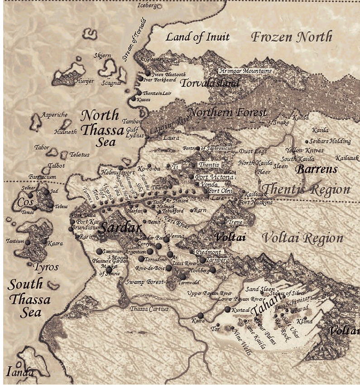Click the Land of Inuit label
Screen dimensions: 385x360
click(x=197, y=37)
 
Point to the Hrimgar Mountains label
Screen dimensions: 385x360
click(x=246, y=71)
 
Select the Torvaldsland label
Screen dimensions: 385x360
click(x=210, y=83)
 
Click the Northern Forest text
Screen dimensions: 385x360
click(x=227, y=112)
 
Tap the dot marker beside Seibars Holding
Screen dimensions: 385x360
click(x=307, y=141)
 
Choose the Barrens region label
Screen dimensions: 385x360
click(x=317, y=169)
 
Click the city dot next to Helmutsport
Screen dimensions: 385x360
click(x=121, y=168)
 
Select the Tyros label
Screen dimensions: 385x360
click(x=46, y=267)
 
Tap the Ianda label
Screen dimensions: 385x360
click(x=20, y=372)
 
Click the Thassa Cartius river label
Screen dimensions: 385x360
click(x=149, y=309)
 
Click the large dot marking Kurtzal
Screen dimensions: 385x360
click(x=227, y=309)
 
